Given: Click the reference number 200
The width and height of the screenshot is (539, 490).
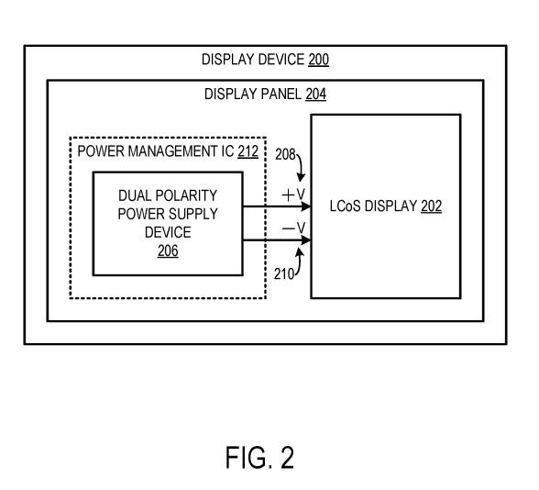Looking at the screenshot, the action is pyautogui.click(x=318, y=60).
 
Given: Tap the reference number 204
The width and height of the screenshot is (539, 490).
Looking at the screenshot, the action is pyautogui.click(x=316, y=94).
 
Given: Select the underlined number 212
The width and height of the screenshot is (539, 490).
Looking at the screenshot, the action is pyautogui.click(x=247, y=151).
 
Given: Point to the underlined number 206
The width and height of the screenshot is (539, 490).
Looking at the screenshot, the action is pyautogui.click(x=168, y=251).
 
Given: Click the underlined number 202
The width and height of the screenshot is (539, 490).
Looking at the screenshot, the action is pyautogui.click(x=431, y=206).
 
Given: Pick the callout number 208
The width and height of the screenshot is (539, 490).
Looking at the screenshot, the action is pyautogui.click(x=285, y=154).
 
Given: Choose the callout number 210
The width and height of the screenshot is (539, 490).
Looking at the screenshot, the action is pyautogui.click(x=284, y=273).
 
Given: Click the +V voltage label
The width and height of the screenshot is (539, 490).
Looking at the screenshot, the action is pyautogui.click(x=293, y=195).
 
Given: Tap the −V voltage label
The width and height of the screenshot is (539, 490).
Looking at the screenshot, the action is pyautogui.click(x=293, y=228).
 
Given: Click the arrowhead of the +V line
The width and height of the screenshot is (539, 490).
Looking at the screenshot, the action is pyautogui.click(x=306, y=206).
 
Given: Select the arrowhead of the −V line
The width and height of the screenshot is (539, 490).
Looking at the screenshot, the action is pyautogui.click(x=306, y=240).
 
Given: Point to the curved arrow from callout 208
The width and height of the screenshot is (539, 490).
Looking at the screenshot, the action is pyautogui.click(x=302, y=167).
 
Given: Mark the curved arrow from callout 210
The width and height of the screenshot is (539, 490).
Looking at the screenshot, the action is pyautogui.click(x=299, y=262).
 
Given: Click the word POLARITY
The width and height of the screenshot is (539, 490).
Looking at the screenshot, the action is pyautogui.click(x=186, y=195).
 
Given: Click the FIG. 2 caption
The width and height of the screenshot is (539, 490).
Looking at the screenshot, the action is pyautogui.click(x=260, y=457).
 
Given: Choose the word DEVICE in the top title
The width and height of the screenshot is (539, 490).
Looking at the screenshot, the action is pyautogui.click(x=280, y=60).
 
